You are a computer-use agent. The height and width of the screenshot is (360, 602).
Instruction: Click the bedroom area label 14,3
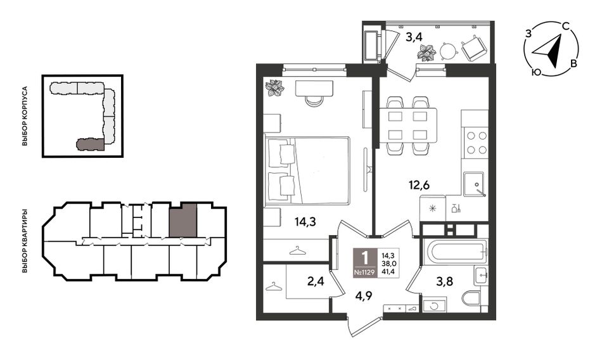click(x=305, y=222)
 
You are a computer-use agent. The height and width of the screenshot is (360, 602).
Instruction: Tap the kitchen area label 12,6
click(x=419, y=185)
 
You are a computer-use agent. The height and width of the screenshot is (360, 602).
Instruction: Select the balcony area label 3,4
click(x=414, y=37)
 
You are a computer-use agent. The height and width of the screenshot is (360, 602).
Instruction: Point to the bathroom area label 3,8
click(x=445, y=281)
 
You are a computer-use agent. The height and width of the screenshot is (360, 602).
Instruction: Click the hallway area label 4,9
click(x=363, y=296)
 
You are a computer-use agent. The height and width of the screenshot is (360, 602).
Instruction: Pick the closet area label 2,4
click(x=316, y=281)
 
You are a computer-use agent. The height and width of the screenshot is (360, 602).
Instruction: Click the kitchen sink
click(x=474, y=184)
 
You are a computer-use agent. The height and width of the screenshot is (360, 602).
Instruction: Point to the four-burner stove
click(x=476, y=143)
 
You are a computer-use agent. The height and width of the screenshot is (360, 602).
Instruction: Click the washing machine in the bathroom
click(x=435, y=305)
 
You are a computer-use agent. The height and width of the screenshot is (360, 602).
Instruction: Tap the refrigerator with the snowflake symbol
click(x=433, y=209)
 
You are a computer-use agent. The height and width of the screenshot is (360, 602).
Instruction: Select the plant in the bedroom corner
click(x=275, y=87)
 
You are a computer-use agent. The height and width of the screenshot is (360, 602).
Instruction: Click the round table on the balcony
click(x=449, y=50)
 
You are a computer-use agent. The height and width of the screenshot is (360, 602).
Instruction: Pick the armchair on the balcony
click(x=475, y=48)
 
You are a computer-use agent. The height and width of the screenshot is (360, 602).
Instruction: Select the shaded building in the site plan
click(x=90, y=144)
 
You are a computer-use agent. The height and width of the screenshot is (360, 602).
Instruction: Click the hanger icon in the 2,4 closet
click(x=273, y=286)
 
